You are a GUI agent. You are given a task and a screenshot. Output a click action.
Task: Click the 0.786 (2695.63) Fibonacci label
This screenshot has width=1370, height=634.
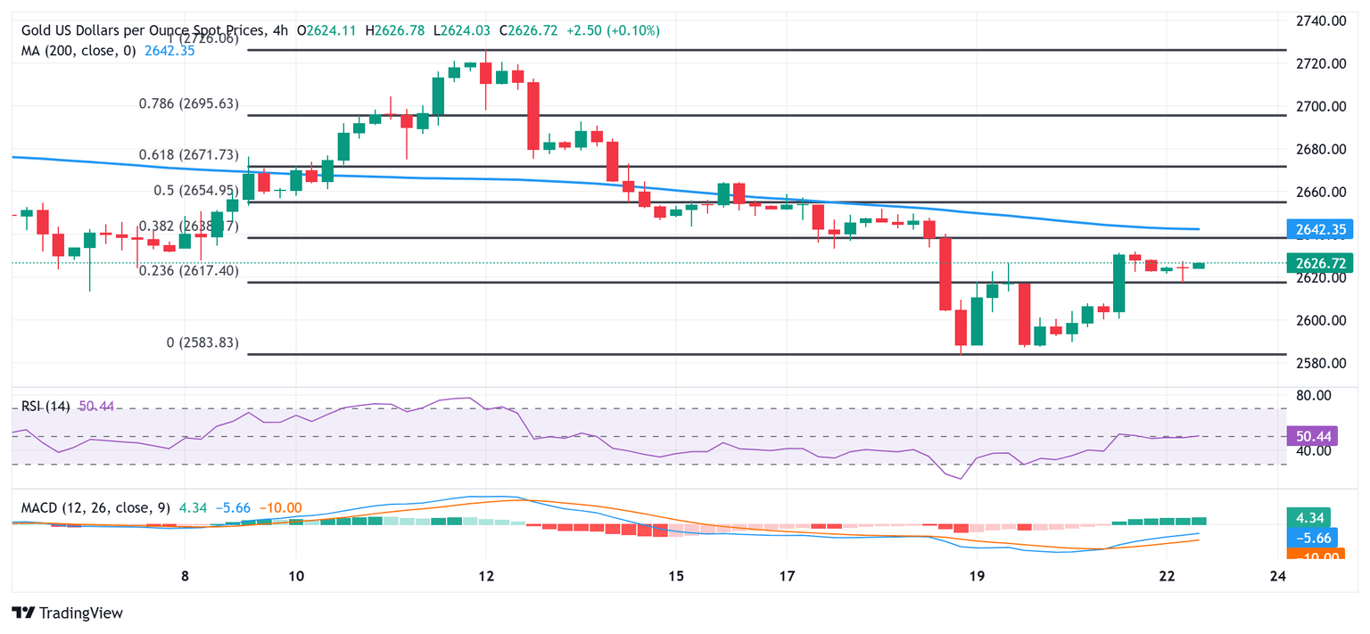[188, 103]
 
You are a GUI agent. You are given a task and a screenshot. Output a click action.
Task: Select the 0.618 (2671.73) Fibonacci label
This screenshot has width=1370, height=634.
[188, 154]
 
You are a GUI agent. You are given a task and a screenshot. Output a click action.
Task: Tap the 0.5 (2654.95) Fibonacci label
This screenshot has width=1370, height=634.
[195, 190]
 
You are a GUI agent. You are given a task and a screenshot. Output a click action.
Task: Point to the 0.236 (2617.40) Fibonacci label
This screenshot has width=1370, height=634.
[188, 270]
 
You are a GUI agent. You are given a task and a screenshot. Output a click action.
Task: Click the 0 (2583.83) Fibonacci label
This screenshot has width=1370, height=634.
[202, 342]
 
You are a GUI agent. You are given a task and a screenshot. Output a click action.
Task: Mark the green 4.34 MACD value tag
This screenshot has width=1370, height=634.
[1308, 517]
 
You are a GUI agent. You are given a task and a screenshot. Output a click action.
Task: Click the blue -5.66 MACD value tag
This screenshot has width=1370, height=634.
[1309, 538]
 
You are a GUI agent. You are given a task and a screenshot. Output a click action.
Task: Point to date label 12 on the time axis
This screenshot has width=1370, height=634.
[486, 576]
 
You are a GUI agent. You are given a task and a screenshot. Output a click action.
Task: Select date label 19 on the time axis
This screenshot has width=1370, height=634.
[977, 576]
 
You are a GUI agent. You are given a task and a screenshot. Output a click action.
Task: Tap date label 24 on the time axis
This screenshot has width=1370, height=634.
[1277, 576]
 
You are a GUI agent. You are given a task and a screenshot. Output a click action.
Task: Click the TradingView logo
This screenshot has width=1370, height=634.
[68, 613]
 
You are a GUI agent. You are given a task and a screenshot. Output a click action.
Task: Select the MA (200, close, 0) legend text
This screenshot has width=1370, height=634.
[78, 51]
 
